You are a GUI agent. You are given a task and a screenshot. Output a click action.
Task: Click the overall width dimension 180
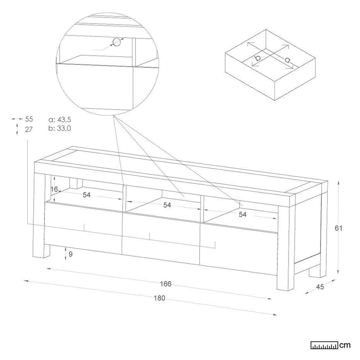[160, 298]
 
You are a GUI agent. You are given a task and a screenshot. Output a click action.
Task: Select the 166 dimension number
[166, 284]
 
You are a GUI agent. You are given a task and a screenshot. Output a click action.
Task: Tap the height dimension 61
[338, 228]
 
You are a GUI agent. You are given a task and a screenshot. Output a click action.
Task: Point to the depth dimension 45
[320, 287]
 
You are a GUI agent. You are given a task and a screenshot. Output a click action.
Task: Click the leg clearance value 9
[70, 254]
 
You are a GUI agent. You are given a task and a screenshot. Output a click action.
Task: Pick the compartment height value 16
[54, 189]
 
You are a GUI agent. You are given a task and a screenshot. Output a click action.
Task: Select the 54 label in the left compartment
[87, 195]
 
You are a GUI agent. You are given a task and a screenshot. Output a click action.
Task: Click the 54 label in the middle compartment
[167, 205]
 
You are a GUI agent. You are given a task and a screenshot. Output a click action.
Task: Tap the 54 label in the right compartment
[243, 214]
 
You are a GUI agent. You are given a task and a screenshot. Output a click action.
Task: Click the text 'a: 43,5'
[60, 120]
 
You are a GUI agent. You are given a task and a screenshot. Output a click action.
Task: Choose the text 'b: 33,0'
[60, 128]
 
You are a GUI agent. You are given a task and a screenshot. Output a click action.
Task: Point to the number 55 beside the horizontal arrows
[29, 119]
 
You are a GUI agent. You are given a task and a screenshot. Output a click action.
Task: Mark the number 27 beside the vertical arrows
[29, 129]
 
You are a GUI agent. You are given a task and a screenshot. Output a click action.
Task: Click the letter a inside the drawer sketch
[287, 60]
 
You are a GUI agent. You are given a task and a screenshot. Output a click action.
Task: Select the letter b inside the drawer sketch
[258, 58]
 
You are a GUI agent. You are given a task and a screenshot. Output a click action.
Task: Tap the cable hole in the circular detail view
[117, 42]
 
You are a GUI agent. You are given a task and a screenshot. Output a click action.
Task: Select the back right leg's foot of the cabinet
[314, 271]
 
